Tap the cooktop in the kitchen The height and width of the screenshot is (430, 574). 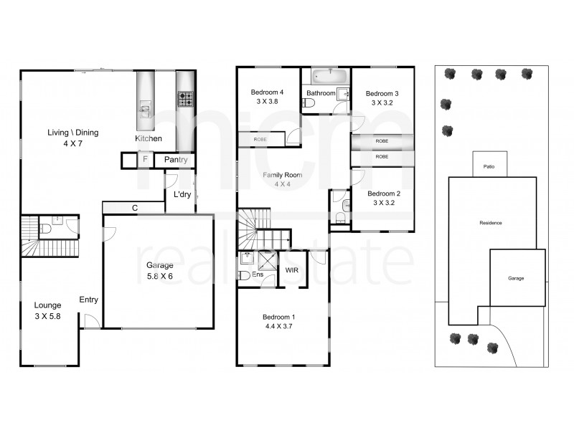coord(186,99)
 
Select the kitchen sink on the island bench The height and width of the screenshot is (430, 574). coord(145,109)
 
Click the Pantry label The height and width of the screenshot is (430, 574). coord(175,160)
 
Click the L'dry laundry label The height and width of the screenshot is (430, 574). coord(181,193)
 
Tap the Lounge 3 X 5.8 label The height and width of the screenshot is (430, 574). coord(47,310)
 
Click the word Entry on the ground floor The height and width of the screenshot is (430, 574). coord(89,300)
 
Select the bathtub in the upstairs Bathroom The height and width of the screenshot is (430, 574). coord(329,75)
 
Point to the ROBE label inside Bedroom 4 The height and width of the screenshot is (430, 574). coord(260,139)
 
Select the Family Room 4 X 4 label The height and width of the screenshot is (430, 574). coord(282,179)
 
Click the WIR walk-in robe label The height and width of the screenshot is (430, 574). coord(292,270)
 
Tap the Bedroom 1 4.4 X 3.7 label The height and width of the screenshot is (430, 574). coord(278,322)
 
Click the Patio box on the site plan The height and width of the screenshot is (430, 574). coord(489,166)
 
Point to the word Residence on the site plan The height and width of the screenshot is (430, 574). coord(490,223)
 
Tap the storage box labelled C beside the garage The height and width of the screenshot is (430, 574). coord(134,208)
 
